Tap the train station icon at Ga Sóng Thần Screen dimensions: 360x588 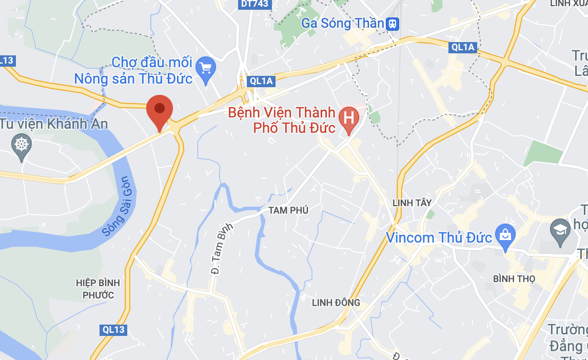click(x=394, y=23)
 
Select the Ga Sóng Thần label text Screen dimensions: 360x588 click(x=342, y=23)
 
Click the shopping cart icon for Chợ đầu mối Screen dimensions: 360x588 click(x=206, y=68)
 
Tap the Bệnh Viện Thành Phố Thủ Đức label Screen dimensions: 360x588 click(x=282, y=120)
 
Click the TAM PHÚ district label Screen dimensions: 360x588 click(x=288, y=210)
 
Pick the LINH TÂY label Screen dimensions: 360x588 click(x=411, y=203)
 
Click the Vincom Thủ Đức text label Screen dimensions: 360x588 click(x=439, y=238)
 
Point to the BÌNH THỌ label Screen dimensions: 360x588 click(x=514, y=278)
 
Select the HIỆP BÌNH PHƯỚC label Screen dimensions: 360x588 click(x=97, y=289)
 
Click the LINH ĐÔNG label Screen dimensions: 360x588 click(x=336, y=303)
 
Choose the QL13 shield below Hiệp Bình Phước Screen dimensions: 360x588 click(x=113, y=330)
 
